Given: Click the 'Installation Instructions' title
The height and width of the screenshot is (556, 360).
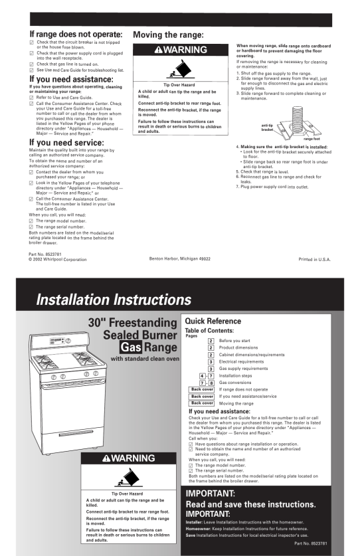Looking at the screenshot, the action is (x=114, y=300).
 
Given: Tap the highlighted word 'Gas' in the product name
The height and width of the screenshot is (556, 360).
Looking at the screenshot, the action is (x=131, y=347).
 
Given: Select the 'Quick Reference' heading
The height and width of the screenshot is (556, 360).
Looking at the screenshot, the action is (x=213, y=322).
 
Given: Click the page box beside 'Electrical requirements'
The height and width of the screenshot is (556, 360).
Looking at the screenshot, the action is (x=211, y=361).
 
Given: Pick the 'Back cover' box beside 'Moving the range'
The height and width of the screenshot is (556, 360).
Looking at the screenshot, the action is (x=201, y=403).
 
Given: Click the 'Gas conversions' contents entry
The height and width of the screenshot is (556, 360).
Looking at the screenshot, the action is (x=235, y=383).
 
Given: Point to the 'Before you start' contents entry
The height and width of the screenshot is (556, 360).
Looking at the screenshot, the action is (x=234, y=341).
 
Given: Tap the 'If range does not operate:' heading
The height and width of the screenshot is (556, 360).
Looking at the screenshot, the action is (x=76, y=35).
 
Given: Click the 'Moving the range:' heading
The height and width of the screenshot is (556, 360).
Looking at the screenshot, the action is (x=169, y=35).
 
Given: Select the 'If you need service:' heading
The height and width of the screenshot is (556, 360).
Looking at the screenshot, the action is (x=66, y=143).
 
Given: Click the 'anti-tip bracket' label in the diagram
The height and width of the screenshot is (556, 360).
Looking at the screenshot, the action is (x=267, y=128).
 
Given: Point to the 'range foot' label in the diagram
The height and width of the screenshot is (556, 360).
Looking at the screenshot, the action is (x=312, y=139).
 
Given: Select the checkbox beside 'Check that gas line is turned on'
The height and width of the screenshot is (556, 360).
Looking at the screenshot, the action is (x=32, y=64).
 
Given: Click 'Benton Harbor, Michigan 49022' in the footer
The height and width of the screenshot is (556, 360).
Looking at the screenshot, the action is (x=180, y=259).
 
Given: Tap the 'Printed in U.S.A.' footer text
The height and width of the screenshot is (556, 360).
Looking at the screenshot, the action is (x=315, y=260).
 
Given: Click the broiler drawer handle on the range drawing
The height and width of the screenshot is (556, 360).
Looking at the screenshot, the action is (x=76, y=433).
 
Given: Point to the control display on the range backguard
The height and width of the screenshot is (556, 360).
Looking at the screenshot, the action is (x=56, y=341).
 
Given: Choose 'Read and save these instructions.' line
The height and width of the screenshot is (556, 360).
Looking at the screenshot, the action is (x=251, y=504).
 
